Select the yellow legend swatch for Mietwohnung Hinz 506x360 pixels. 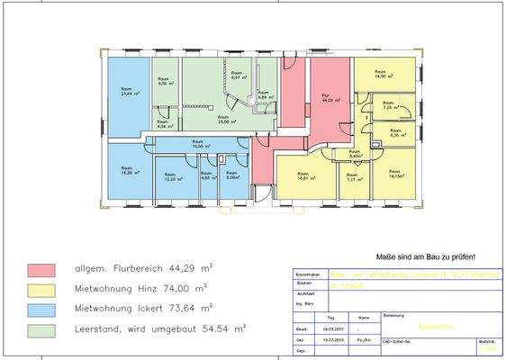[45, 290]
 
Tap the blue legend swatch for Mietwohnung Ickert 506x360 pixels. [45, 310]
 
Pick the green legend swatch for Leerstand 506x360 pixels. [45, 329]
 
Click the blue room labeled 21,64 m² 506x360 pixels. [127, 94]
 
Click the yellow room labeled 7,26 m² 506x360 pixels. [388, 106]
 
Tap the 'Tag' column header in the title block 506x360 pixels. [331, 318]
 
